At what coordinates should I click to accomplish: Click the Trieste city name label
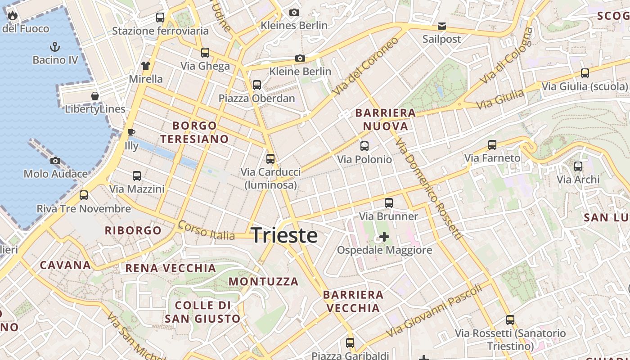284,235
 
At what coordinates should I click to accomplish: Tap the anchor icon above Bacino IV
54,46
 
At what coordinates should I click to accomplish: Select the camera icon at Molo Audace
55,161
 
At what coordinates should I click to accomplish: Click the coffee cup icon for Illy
131,132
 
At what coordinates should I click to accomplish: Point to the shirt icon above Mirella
145,66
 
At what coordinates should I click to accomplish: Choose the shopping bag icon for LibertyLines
95,96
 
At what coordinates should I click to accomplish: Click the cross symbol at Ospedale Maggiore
384,237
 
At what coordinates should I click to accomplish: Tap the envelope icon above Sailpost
442,26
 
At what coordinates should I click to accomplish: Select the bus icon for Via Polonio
364,146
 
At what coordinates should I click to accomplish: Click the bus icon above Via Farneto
492,145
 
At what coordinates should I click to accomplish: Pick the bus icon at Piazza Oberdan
257,85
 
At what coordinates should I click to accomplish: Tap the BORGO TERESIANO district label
194,132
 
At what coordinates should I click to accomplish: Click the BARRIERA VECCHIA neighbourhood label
353,301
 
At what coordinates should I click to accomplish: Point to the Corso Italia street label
206,230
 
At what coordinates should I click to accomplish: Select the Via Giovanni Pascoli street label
434,310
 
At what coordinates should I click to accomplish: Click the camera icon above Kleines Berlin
294,12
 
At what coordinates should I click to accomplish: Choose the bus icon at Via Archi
578,166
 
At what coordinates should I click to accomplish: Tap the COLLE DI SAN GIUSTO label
202,312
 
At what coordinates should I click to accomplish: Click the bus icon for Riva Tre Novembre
84,195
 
